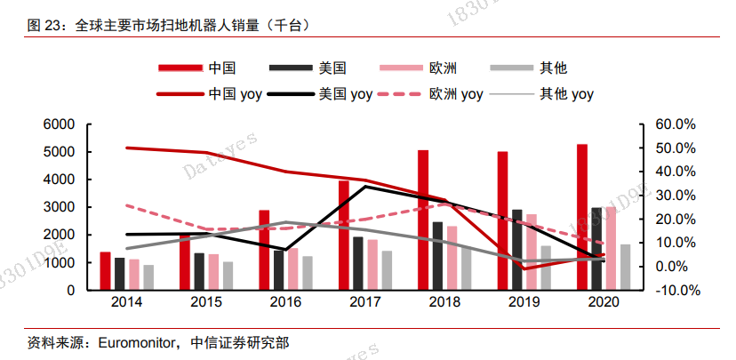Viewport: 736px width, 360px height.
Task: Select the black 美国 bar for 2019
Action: coord(517,250)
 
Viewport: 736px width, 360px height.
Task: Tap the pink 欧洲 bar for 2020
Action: coord(612,248)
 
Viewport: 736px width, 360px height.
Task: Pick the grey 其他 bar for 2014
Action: coord(148,277)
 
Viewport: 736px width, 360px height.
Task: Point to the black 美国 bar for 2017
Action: coord(358,263)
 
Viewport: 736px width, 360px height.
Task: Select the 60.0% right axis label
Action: coord(676,124)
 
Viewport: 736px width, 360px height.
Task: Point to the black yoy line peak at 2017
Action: coord(365,186)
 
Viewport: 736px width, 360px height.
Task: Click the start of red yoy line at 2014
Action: coord(127,148)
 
